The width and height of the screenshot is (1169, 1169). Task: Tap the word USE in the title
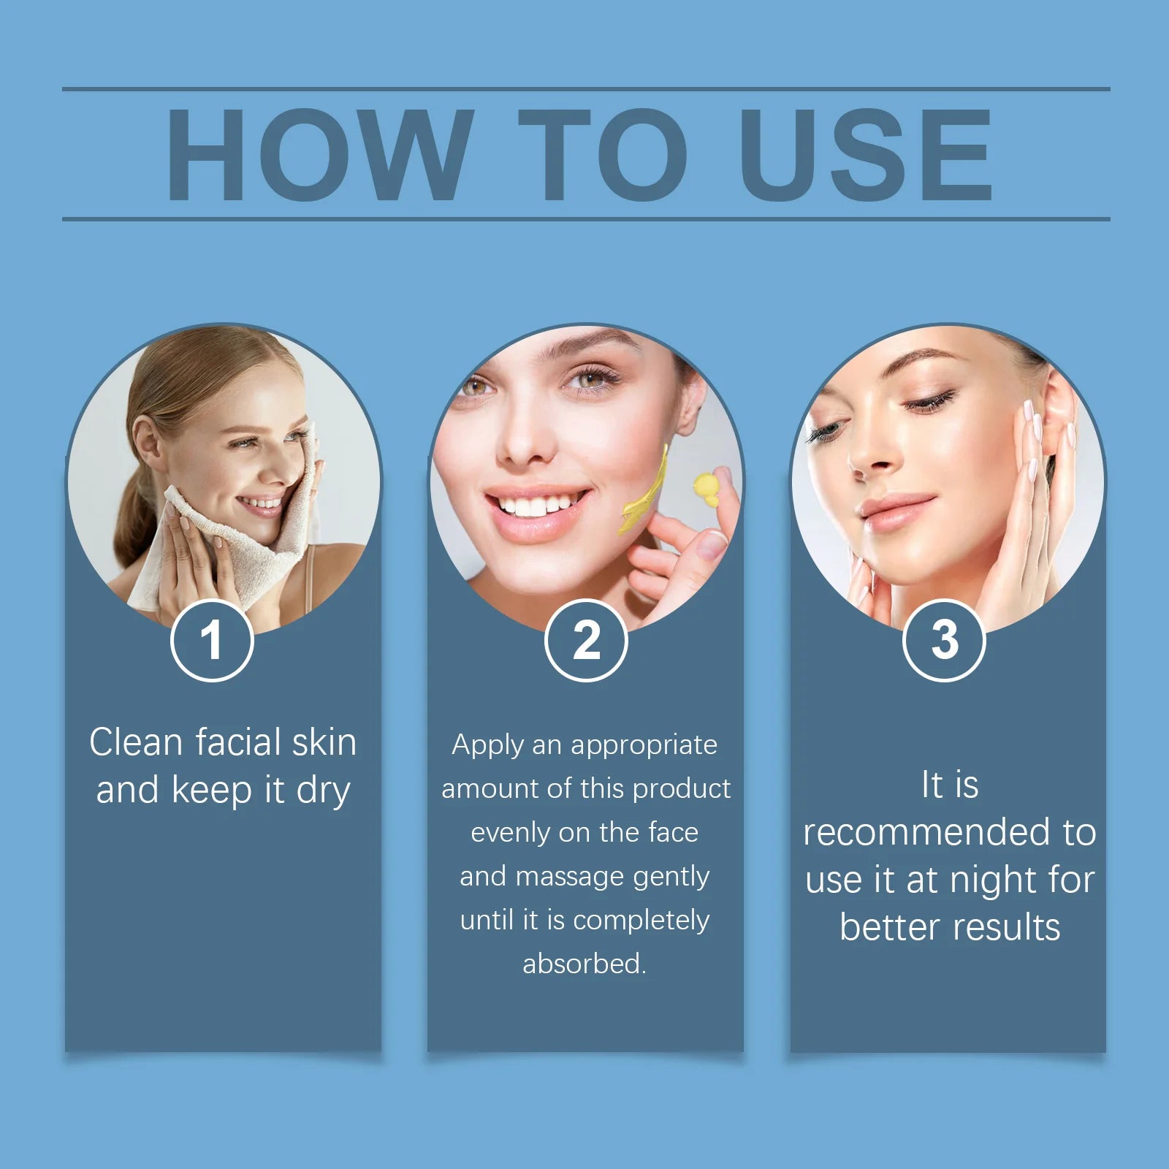click(866, 154)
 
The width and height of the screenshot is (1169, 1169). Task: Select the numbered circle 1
click(212, 640)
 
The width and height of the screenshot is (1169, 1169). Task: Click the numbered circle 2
click(586, 640)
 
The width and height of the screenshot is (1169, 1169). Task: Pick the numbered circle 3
click(944, 640)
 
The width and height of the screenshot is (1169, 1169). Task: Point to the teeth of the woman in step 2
click(538, 504)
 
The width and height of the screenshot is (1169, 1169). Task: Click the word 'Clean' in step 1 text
click(136, 742)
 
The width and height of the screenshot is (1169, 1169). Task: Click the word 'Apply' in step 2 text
click(488, 746)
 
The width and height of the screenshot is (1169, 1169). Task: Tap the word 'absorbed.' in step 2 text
click(584, 964)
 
